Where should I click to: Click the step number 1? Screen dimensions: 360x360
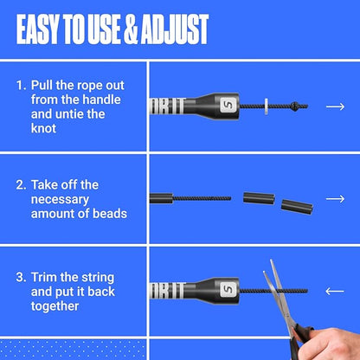tap(21, 87)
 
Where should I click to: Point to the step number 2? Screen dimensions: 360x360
tap(21, 185)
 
